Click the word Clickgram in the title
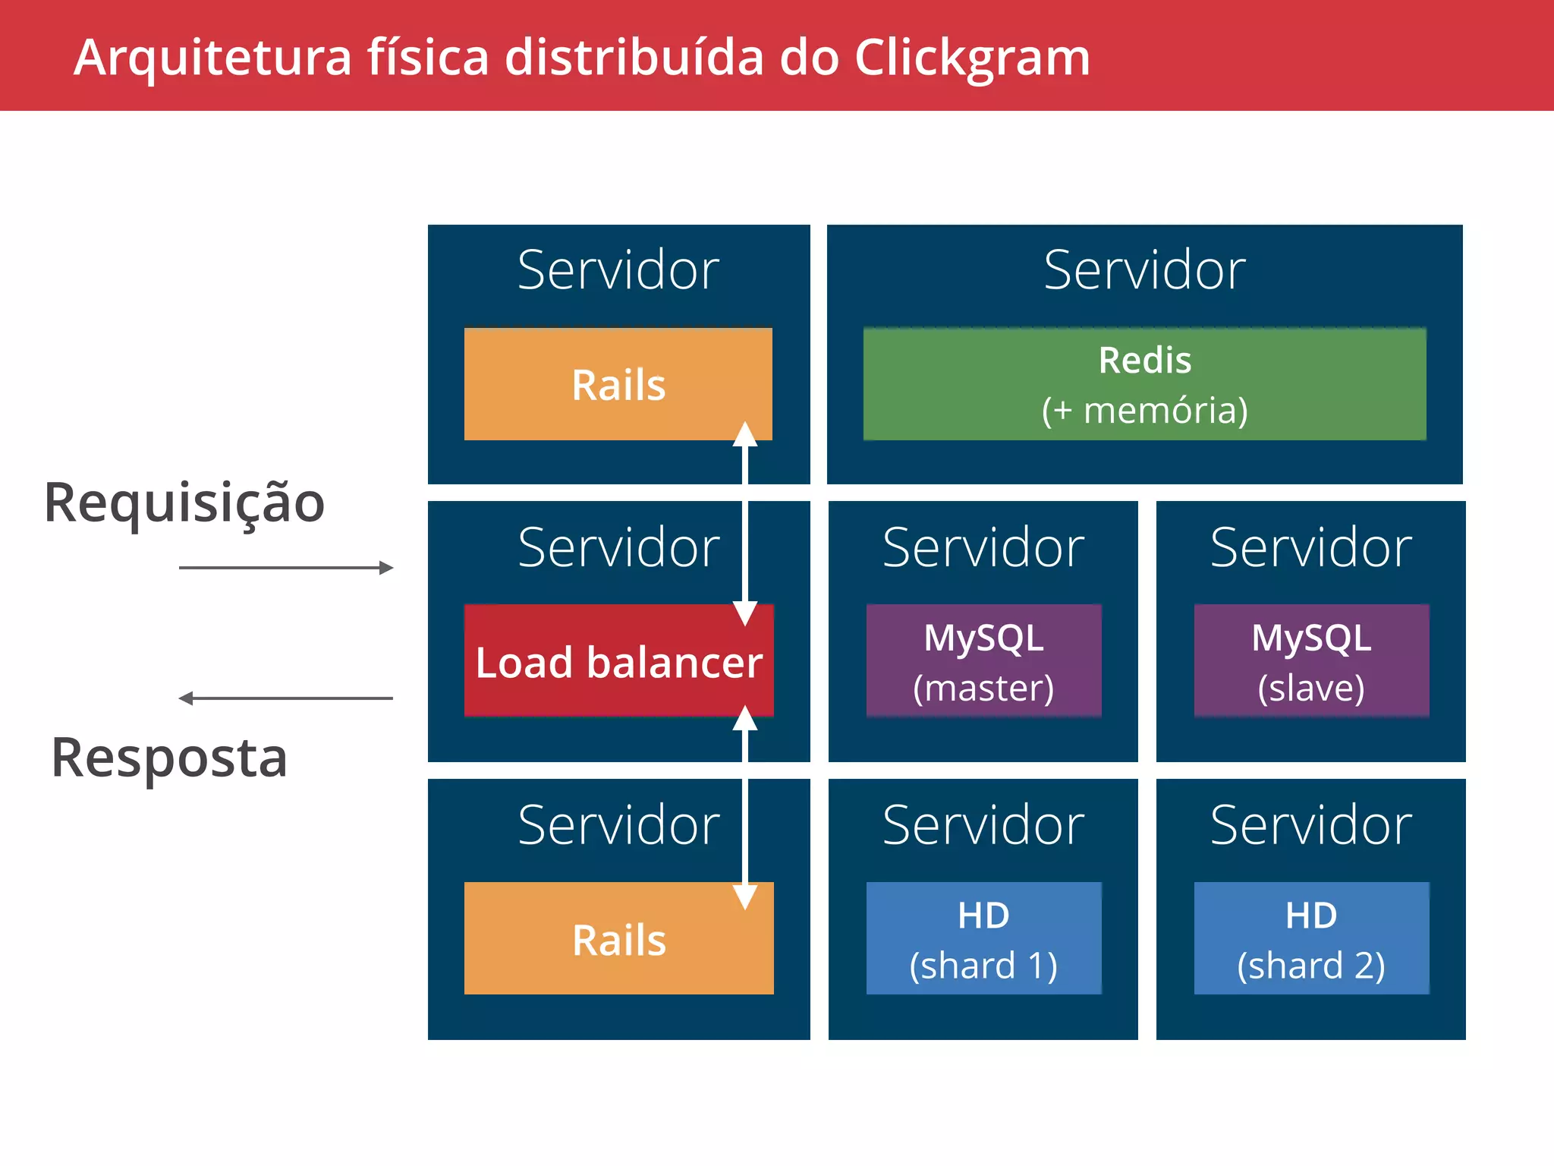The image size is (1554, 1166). [x=972, y=58]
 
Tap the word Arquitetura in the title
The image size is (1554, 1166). [x=213, y=58]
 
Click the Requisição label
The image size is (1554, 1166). [x=184, y=503]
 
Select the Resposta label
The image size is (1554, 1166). [x=169, y=758]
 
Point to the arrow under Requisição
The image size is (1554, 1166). [x=286, y=567]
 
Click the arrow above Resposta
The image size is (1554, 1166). [x=286, y=698]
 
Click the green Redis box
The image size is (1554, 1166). [x=1144, y=384]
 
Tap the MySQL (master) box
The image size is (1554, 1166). [x=983, y=660]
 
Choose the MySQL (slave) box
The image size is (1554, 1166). [x=1311, y=660]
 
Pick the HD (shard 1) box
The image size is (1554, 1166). [x=983, y=938]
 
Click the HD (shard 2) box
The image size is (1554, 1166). [x=1311, y=938]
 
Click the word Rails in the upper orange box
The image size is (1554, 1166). [x=618, y=385]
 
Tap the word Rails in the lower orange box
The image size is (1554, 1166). [x=619, y=941]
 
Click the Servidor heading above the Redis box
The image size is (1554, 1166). [x=1144, y=270]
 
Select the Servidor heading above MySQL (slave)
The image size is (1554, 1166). [x=1311, y=547]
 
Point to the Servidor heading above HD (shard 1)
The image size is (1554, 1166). [x=983, y=825]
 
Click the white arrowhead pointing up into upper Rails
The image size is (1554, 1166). [x=745, y=434]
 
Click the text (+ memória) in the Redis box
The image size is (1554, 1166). [x=1144, y=411]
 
